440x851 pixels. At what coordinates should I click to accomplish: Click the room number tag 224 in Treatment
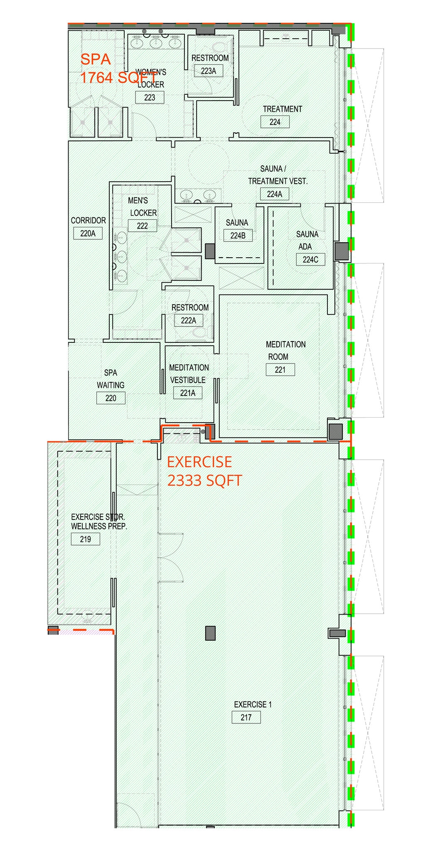click(275, 122)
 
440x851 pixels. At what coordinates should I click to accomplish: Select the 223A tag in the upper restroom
click(208, 71)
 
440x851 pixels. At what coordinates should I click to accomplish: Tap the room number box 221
click(280, 369)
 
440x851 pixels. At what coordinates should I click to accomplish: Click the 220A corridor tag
click(88, 233)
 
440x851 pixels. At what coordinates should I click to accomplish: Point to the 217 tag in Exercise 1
click(246, 717)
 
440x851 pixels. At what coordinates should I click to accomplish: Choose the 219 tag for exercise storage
click(85, 539)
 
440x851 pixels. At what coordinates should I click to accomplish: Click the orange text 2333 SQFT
click(204, 480)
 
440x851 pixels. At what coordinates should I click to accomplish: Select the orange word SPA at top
click(96, 59)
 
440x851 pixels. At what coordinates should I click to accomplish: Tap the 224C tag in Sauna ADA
click(310, 259)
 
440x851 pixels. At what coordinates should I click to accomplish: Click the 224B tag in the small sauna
click(238, 236)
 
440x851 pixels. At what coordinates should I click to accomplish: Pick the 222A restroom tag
click(188, 320)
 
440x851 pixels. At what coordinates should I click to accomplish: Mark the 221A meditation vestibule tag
click(187, 393)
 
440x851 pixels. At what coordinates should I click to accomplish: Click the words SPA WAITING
click(111, 379)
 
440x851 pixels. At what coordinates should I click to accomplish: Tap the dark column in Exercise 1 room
click(211, 633)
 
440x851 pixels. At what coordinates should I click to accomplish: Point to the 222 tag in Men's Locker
click(142, 226)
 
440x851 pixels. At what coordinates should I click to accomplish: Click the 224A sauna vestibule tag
click(274, 194)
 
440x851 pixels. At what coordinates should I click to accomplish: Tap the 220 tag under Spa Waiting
click(111, 398)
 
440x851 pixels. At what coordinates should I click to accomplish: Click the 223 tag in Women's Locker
click(149, 97)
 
